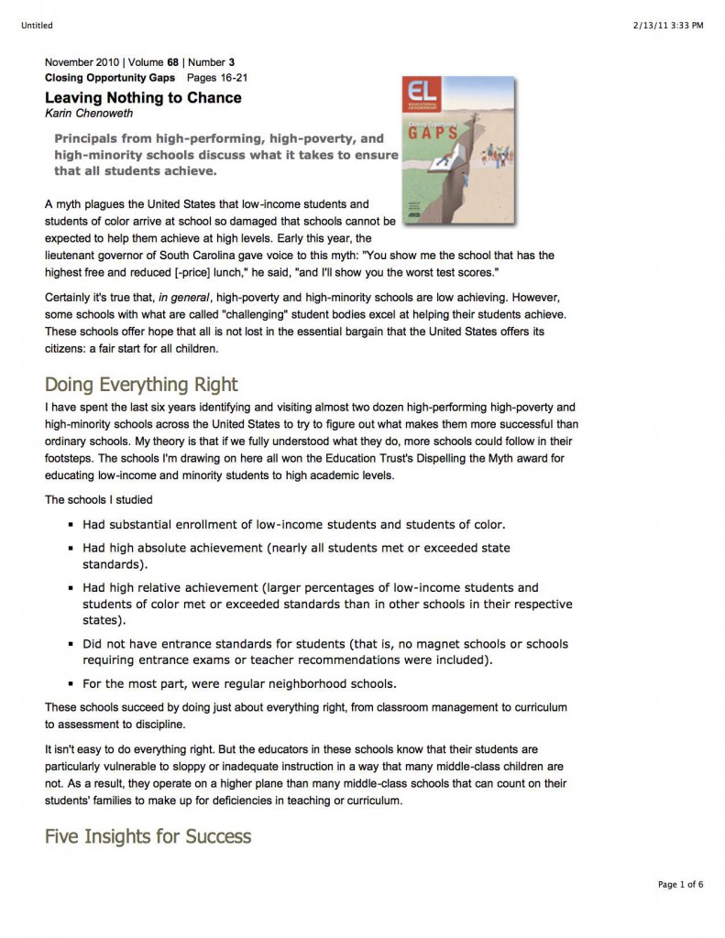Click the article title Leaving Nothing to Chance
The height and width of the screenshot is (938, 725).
click(x=143, y=98)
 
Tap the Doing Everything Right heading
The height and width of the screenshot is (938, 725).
click(x=141, y=384)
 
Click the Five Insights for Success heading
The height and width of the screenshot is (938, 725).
click(x=148, y=836)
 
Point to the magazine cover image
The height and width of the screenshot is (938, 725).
click(x=457, y=151)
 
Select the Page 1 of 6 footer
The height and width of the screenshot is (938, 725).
click(x=680, y=884)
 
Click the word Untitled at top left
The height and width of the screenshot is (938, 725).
click(x=35, y=26)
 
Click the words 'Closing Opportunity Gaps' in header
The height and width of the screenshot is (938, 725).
click(x=110, y=78)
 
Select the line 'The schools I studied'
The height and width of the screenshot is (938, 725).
click(x=98, y=500)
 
